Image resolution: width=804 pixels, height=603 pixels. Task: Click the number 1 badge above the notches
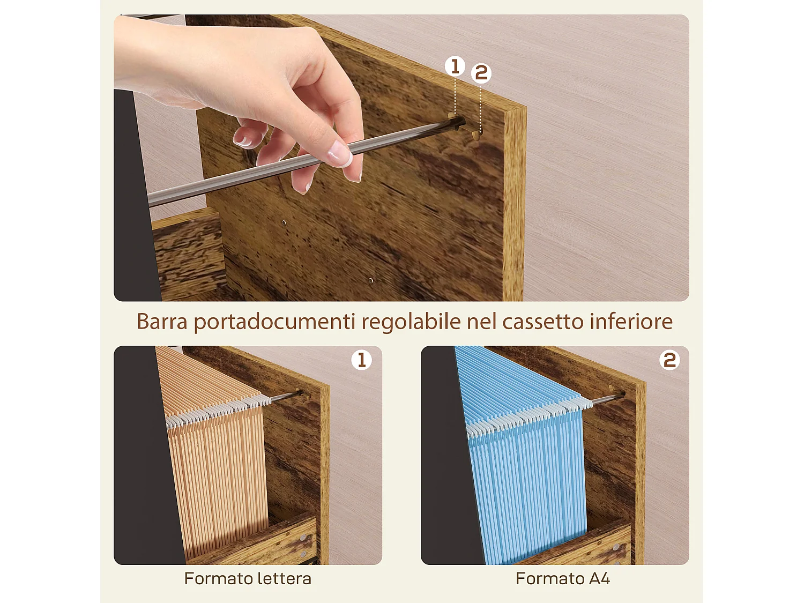click(x=455, y=66)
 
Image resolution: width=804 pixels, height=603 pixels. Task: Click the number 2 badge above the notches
click(x=481, y=73)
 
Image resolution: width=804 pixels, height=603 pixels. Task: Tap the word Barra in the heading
click(x=162, y=322)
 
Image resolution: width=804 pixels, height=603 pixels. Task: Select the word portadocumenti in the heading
click(x=274, y=322)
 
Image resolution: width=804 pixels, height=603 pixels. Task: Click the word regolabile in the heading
click(x=411, y=322)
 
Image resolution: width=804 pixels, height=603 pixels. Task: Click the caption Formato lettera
click(x=248, y=579)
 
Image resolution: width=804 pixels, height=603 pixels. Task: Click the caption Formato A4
click(x=562, y=579)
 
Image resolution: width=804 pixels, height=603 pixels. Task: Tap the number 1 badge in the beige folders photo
click(x=362, y=360)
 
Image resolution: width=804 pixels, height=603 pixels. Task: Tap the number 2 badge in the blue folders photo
click(x=669, y=360)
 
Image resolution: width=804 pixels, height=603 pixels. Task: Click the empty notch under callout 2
click(x=476, y=134)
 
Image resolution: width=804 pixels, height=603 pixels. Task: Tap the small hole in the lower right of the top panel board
click(x=371, y=280)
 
